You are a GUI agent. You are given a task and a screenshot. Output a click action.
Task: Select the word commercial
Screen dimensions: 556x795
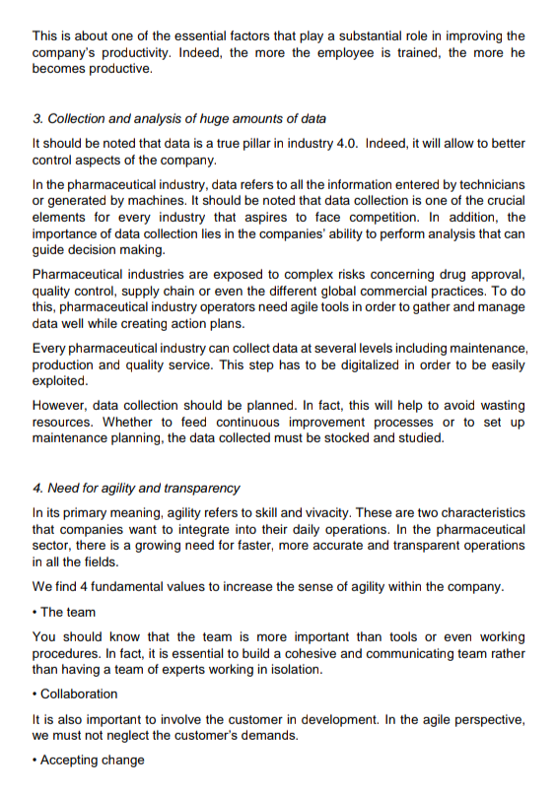tap(373, 291)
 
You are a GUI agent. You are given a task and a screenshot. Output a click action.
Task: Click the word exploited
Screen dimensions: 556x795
tap(59, 381)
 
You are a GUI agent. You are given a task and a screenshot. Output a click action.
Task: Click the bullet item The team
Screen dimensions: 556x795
tap(67, 612)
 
